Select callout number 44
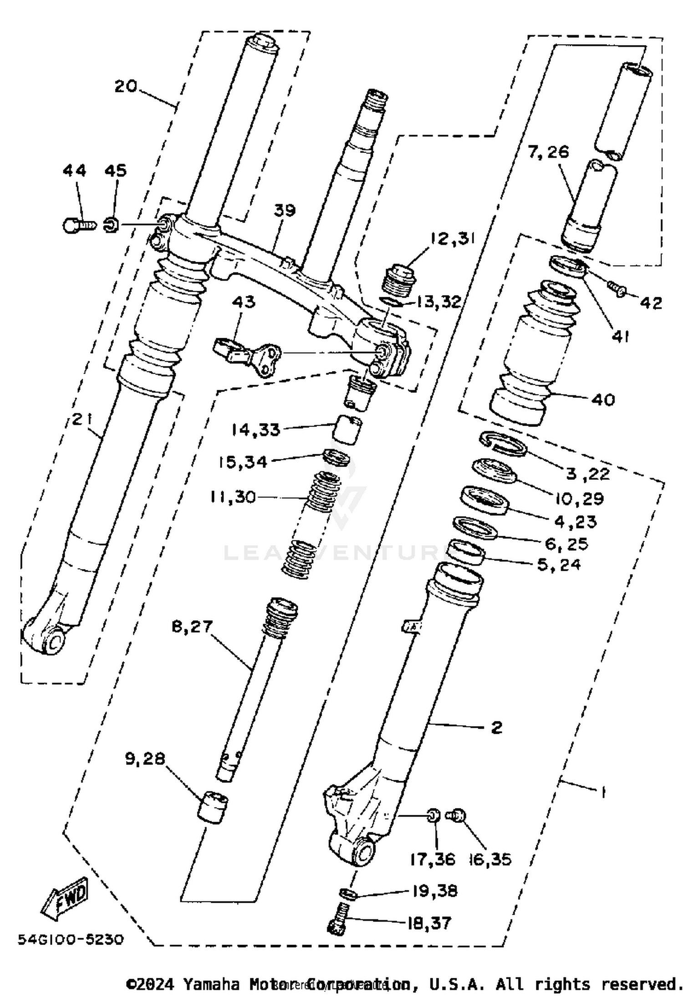coord(74,171)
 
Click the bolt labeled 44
coord(78,225)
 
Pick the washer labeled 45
coord(112,224)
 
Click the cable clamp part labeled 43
coord(248,356)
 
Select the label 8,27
coord(192,626)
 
